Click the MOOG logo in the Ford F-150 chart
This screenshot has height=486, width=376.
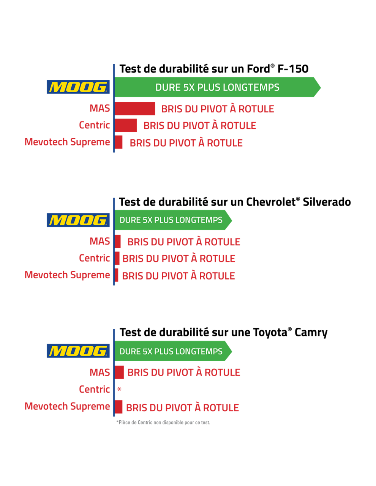coord(78,87)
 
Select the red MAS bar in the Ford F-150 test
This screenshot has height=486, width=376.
coord(135,109)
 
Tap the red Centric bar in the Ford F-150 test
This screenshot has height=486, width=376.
coord(126,125)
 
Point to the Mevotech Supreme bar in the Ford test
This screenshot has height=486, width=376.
coord(118,142)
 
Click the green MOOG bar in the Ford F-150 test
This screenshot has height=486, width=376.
coord(217,87)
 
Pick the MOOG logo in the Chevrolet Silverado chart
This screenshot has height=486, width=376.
coord(78,220)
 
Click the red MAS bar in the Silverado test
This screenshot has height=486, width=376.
coord(118,241)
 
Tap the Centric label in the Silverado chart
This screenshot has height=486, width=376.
coord(94,258)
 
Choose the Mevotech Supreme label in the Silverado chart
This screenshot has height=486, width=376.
coord(67,275)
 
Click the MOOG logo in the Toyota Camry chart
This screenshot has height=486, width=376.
coord(78,351)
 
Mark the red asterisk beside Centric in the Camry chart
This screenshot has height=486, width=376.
coord(119,390)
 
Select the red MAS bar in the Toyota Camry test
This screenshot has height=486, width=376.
coord(119,372)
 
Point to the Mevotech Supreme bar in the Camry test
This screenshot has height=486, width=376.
coord(118,407)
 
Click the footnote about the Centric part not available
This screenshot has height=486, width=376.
coord(163,423)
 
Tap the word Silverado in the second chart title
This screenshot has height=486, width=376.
coord(327,202)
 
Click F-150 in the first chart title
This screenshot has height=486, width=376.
coord(293,69)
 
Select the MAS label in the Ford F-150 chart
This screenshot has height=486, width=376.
coord(100,108)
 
